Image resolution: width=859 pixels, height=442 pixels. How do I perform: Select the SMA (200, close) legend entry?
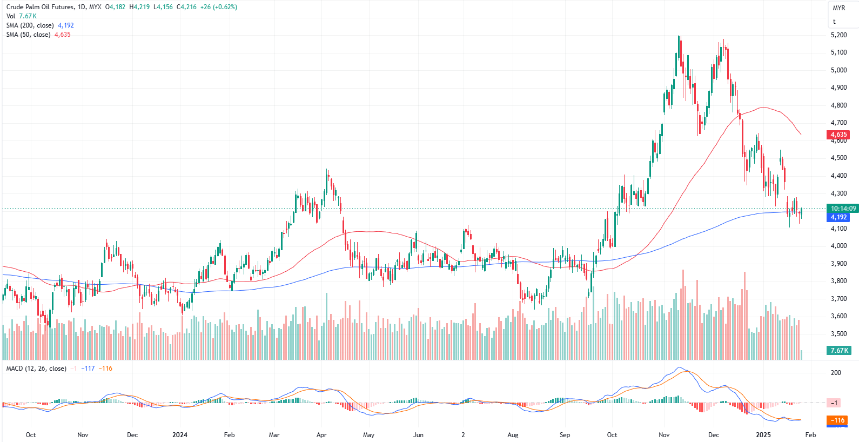[x=30, y=25]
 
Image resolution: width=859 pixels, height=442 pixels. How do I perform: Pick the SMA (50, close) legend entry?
[x=29, y=35]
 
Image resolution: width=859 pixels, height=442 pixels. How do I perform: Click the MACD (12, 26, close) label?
[x=36, y=369]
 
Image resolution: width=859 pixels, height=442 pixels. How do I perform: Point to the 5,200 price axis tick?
[x=838, y=35]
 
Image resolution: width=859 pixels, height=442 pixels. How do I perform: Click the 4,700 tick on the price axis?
[x=838, y=123]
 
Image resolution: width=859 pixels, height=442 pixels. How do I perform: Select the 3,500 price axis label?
[x=838, y=334]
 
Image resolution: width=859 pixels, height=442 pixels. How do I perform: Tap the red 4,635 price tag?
[x=838, y=135]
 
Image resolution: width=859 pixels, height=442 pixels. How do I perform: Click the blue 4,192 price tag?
[x=838, y=217]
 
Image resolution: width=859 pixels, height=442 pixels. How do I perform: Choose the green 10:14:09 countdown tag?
[x=843, y=209]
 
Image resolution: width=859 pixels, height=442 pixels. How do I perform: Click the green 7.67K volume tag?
[x=839, y=351]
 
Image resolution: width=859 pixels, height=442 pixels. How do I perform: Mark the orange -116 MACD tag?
[x=838, y=420]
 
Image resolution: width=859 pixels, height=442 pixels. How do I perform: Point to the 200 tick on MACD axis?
[x=836, y=373]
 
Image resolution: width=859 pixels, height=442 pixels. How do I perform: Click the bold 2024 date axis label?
[x=180, y=435]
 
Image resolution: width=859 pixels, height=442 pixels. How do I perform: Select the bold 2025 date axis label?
[x=763, y=435]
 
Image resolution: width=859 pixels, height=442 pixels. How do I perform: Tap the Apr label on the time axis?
[x=321, y=435]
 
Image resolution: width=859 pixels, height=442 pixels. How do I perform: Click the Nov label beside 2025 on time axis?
[x=664, y=435]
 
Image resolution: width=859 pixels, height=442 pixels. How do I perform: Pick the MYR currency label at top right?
[x=838, y=8]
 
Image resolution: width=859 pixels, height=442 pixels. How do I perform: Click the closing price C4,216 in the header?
[x=186, y=7]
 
